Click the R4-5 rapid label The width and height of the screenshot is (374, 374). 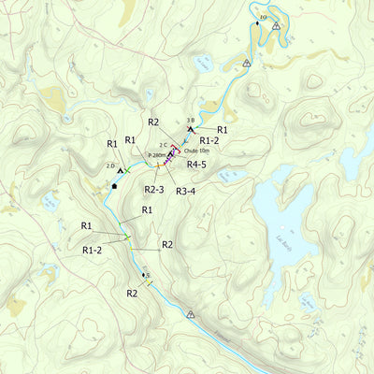coord(196,165)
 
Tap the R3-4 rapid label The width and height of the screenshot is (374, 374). coord(186,190)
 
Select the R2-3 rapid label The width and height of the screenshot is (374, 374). coord(155,189)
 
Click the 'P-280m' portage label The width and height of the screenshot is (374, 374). coord(157,154)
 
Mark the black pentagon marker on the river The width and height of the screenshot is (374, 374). coord(114,186)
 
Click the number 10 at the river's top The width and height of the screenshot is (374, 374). coord(262,19)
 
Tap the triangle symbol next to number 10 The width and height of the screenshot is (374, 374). coord(277,26)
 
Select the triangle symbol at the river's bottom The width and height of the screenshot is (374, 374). coord(191,315)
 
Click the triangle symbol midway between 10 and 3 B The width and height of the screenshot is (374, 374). coord(246,64)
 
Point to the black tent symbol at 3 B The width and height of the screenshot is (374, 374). coord(191,129)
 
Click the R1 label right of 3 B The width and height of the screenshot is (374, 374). coord(223,130)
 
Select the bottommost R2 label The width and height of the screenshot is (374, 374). coord(133,293)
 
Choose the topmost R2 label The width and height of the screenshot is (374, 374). coord(153,122)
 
